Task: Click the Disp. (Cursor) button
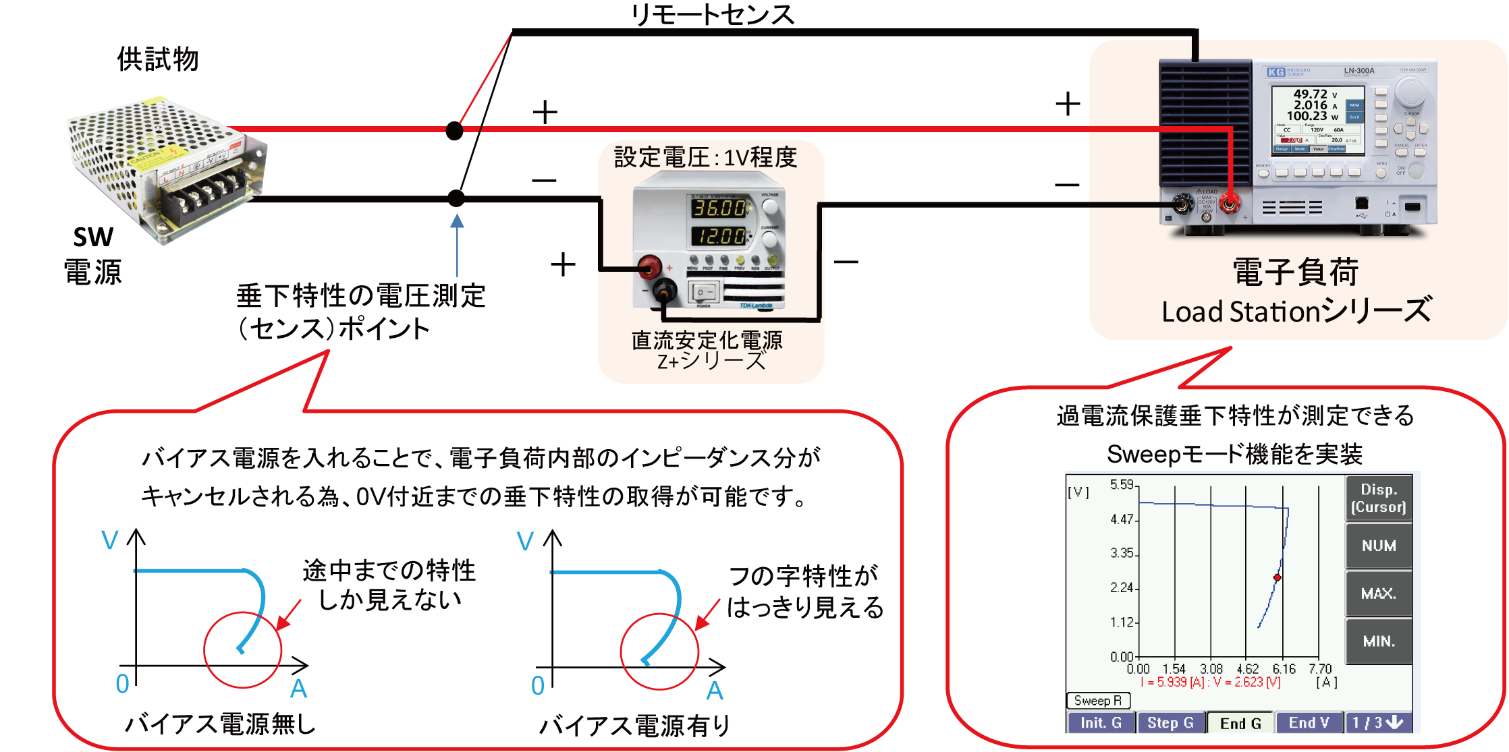click(x=1378, y=498)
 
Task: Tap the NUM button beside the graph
click(x=1378, y=546)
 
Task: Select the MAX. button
click(x=1378, y=594)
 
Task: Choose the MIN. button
click(x=1378, y=641)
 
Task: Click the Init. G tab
click(x=1101, y=723)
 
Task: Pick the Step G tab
click(x=1170, y=723)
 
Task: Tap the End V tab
click(x=1309, y=723)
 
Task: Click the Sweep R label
click(x=1097, y=701)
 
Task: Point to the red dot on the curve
click(x=1277, y=577)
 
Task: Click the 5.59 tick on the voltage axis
click(x=1122, y=485)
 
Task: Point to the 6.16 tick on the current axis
click(x=1284, y=669)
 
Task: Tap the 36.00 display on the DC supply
click(x=719, y=208)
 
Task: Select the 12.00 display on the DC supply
click(x=719, y=236)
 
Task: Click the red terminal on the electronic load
click(x=1228, y=203)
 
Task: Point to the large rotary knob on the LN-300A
click(x=1410, y=90)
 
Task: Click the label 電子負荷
click(x=1295, y=273)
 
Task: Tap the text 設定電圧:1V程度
click(x=705, y=158)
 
